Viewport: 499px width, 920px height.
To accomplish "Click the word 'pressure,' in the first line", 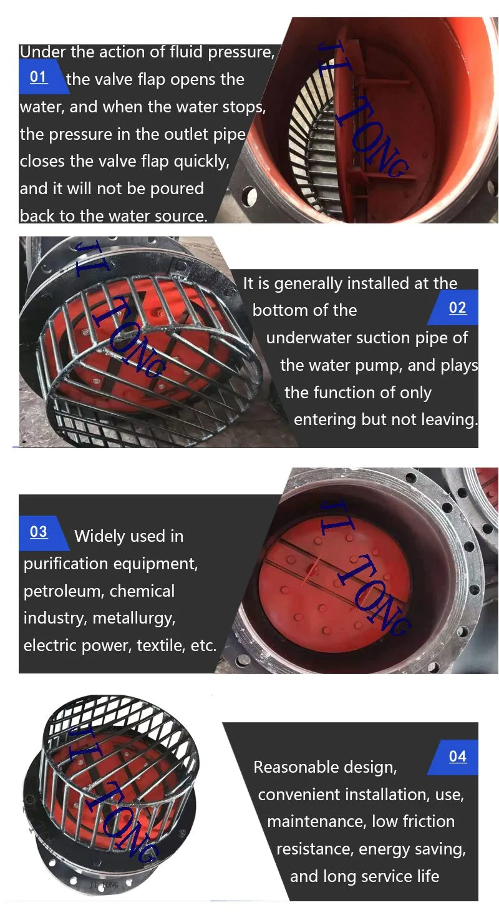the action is [x=241, y=52].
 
